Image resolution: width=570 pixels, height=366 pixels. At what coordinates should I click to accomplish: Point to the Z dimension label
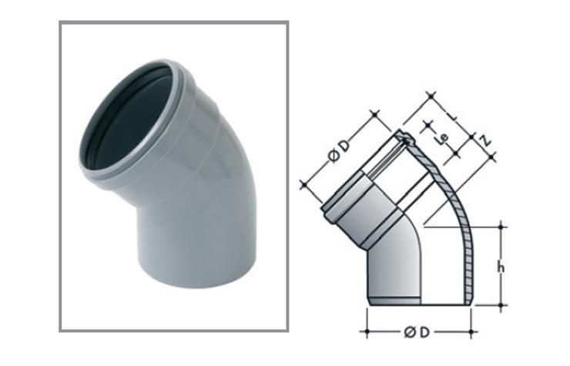(x=484, y=139)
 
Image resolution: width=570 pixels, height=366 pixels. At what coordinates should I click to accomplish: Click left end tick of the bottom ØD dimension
(x=367, y=332)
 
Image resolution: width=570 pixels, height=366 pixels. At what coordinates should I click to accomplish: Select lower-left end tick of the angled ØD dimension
(x=303, y=185)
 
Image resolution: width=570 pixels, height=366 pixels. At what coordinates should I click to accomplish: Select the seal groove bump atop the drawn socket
(x=404, y=139)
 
